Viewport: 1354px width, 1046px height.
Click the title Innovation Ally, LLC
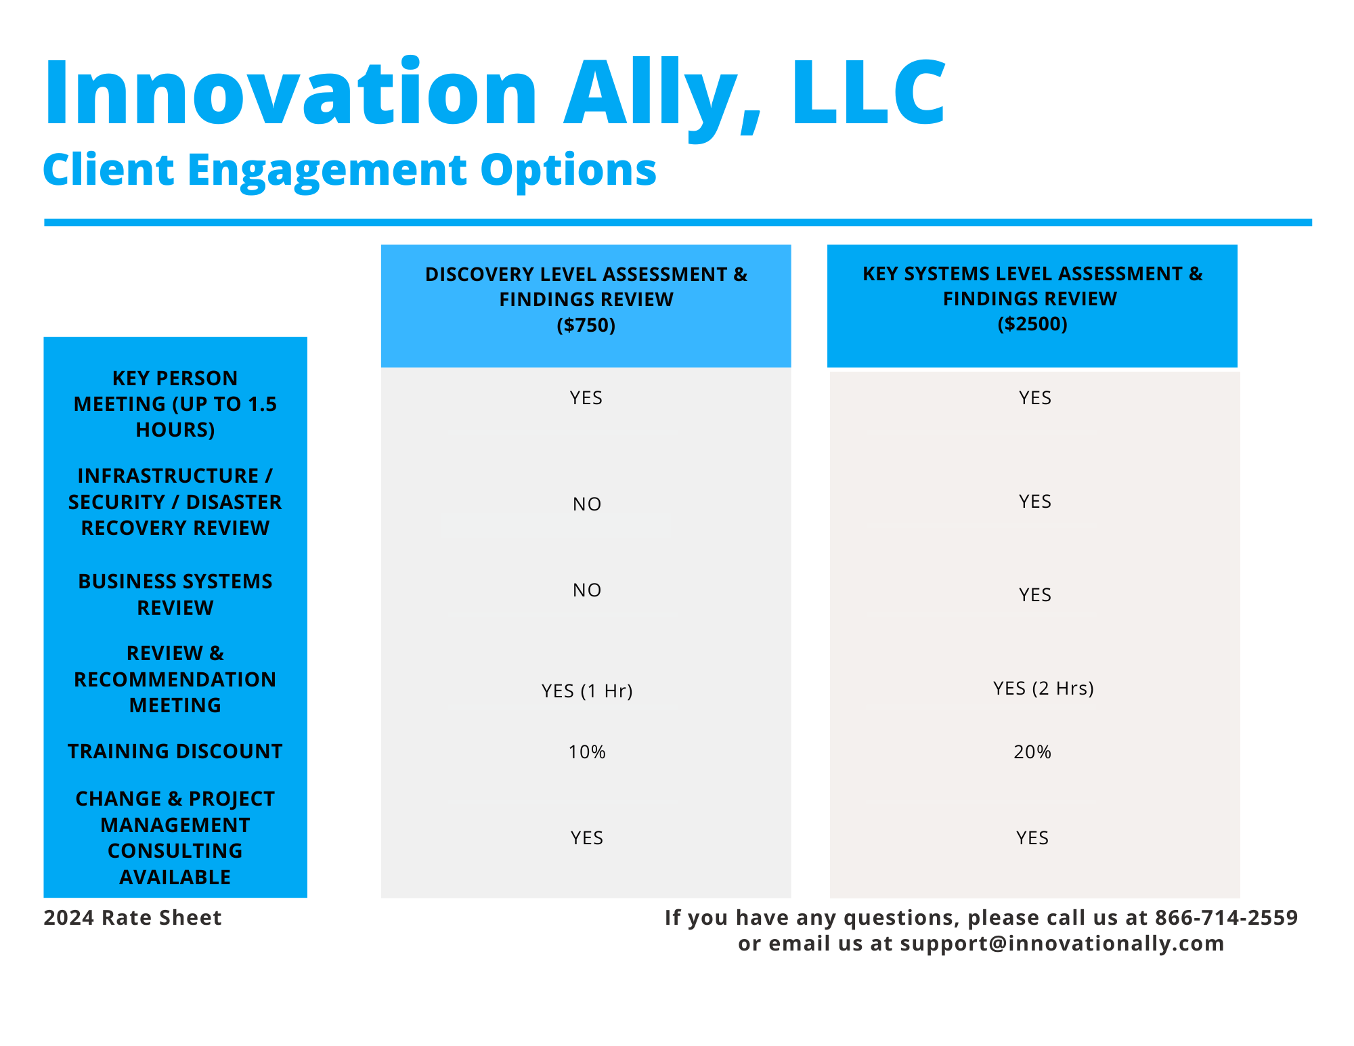[495, 95]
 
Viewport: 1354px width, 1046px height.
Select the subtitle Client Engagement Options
[349, 171]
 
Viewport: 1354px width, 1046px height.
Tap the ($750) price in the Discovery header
[586, 326]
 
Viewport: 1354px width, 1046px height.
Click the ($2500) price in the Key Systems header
[1032, 324]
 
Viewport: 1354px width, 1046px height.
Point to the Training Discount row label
[175, 751]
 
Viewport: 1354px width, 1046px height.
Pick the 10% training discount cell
[587, 752]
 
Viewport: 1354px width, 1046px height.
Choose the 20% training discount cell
[1032, 752]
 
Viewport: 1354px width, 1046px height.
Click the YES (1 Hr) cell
[587, 691]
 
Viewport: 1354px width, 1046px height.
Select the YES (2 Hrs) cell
[1043, 688]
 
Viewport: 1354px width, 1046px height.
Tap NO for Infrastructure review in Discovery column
[587, 504]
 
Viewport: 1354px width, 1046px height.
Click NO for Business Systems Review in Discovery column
[587, 590]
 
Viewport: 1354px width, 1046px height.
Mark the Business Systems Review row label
[175, 594]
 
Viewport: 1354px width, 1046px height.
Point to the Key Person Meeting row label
[175, 404]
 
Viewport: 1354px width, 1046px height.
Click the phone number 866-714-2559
[1226, 917]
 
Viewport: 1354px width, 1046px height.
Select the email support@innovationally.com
[1062, 943]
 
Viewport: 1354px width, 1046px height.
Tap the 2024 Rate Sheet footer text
[133, 918]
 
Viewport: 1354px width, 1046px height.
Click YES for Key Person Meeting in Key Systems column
[1035, 397]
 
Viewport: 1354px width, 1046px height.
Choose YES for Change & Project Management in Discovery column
[587, 838]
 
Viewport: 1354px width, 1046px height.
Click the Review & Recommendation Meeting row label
[175, 679]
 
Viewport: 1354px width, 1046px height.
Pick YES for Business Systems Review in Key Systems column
[1035, 594]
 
